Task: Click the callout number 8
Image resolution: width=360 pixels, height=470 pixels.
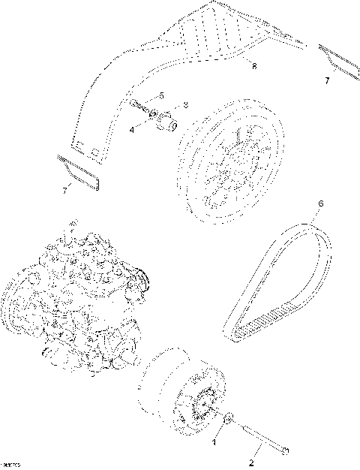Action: tap(253, 67)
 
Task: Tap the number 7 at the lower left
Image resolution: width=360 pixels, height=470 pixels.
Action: tap(64, 191)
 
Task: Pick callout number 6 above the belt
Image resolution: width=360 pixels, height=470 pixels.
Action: tap(320, 203)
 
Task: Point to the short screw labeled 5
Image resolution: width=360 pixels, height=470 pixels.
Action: tap(142, 106)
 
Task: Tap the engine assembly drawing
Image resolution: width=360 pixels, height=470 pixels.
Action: tap(75, 300)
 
